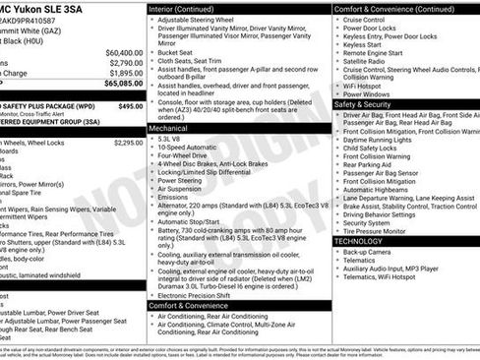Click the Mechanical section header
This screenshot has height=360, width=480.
[x=169, y=128]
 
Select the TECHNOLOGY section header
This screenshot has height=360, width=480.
[x=358, y=241]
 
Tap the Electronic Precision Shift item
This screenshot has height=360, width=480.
[x=200, y=294]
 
